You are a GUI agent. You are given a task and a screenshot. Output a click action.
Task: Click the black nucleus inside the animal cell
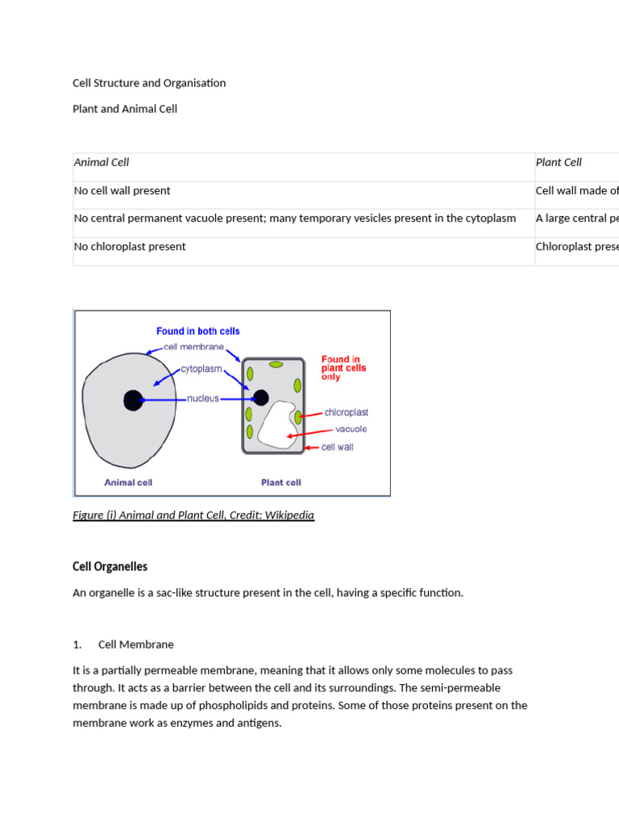coord(133,400)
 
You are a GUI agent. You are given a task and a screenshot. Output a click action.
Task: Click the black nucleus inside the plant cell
coord(261,397)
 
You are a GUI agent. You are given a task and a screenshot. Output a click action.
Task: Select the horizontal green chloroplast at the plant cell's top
coord(276,365)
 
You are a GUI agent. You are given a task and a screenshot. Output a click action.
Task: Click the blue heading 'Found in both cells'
coord(197,331)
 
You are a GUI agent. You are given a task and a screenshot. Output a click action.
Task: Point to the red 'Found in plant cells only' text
coord(343,368)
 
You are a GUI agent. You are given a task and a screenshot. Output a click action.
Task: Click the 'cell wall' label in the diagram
coord(337,447)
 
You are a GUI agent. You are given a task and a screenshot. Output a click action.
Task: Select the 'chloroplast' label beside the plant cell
coord(346,412)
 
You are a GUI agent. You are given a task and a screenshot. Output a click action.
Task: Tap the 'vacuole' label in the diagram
coord(351,429)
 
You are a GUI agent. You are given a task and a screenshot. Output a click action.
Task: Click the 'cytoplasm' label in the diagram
coord(201,369)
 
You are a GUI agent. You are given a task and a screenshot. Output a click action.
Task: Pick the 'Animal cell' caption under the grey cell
coord(128,482)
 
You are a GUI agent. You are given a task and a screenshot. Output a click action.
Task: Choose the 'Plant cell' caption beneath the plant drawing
coord(281,482)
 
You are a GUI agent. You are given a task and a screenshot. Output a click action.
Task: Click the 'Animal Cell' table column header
coord(102,162)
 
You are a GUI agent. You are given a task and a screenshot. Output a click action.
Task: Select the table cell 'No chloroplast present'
coord(130,247)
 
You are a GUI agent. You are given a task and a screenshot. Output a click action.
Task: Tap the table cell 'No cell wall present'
coord(123,191)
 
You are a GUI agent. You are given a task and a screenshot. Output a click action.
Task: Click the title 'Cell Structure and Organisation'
coord(149,83)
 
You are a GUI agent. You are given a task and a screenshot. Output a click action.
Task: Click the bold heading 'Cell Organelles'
coord(110,567)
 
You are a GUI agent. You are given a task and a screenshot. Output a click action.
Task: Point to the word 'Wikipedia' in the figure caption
coord(289,515)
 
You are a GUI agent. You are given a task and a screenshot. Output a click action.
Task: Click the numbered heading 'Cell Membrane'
coord(135,645)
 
